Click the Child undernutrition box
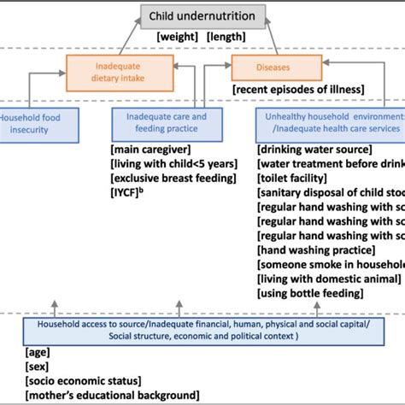coord(202,15)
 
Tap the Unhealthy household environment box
coord(330,122)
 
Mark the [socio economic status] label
coord(85,381)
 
